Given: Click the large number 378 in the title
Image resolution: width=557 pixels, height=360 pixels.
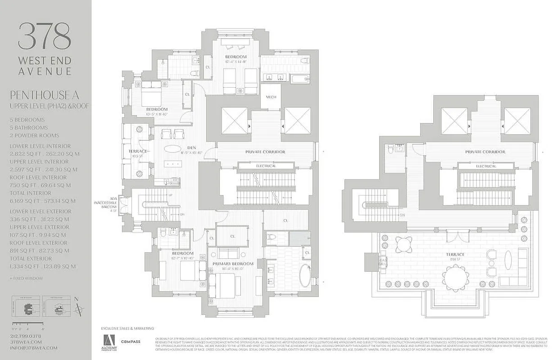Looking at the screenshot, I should click(45, 36).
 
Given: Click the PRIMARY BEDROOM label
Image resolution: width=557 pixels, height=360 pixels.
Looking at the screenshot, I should click(236, 264).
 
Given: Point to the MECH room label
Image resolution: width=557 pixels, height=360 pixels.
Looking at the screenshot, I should click(271, 98).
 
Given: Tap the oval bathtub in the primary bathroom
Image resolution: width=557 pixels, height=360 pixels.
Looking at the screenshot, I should click(305, 276).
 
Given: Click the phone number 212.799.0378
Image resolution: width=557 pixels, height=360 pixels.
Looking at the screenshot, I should click(25, 336).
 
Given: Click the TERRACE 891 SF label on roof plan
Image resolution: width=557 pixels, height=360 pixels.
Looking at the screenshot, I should click(455, 257).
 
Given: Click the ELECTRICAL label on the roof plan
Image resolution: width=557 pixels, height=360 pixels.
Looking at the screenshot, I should click(486, 166).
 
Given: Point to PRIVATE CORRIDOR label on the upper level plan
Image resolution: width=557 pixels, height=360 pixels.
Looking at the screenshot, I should click(265, 152).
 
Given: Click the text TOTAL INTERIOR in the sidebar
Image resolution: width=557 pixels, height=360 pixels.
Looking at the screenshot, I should click(31, 193).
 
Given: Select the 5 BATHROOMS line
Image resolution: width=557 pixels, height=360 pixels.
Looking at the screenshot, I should click(28, 128).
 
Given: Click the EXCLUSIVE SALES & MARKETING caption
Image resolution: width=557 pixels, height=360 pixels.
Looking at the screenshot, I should click(127, 328).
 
